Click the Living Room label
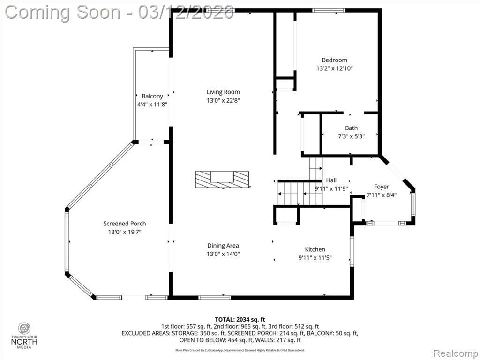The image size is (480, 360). (223, 92)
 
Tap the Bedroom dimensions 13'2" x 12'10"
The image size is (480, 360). (334, 68)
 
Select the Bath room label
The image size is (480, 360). (351, 127)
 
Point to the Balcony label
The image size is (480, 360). (152, 96)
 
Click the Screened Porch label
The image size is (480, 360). (125, 224)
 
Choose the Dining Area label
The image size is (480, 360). (223, 246)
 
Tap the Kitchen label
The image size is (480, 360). (315, 249)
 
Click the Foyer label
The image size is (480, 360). (382, 187)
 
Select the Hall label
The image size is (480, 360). (331, 180)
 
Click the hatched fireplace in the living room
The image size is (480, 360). (222, 180)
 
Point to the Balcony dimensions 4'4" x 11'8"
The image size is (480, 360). (152, 105)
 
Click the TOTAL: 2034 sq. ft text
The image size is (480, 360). (240, 320)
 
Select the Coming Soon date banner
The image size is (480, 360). (120, 13)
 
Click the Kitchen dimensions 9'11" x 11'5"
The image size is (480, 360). (315, 258)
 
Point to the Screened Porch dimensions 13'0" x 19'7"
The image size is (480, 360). (125, 232)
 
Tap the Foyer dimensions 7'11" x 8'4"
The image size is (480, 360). (382, 195)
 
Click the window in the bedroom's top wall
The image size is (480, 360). (329, 11)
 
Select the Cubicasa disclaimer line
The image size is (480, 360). (240, 350)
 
